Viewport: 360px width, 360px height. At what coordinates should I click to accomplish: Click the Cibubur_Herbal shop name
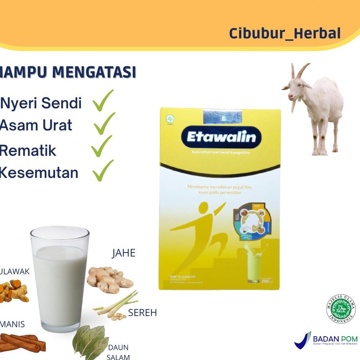[x=285, y=33]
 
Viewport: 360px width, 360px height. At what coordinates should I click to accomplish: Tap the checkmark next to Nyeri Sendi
[x=103, y=101]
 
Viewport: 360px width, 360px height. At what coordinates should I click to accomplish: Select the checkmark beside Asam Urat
[x=104, y=123]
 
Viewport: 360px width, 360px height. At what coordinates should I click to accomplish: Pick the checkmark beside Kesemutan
[x=103, y=170]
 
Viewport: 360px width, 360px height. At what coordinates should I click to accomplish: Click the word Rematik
[x=28, y=151]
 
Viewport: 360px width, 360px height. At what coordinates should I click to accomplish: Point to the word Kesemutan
[x=39, y=173]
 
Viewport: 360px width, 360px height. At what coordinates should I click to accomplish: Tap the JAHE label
[x=123, y=253]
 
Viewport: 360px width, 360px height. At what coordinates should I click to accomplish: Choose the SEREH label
[x=142, y=313]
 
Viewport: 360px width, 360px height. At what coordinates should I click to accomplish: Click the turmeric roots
[x=15, y=291]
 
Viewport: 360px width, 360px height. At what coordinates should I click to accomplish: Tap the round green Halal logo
[x=341, y=309]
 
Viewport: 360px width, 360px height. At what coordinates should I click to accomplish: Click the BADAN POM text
[x=335, y=339]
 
